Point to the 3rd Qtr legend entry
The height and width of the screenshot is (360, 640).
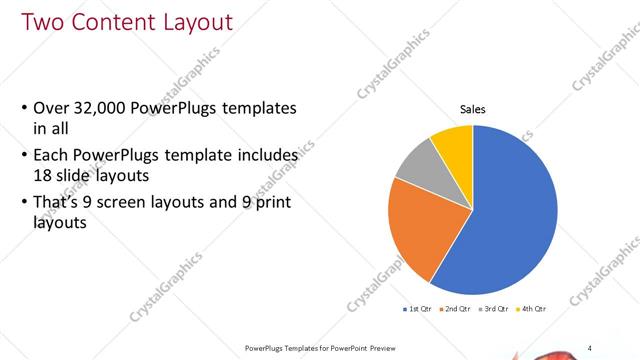coord(494,309)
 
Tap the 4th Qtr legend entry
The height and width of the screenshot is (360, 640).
coord(532,309)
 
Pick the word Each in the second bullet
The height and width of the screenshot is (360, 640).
coord(52,157)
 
